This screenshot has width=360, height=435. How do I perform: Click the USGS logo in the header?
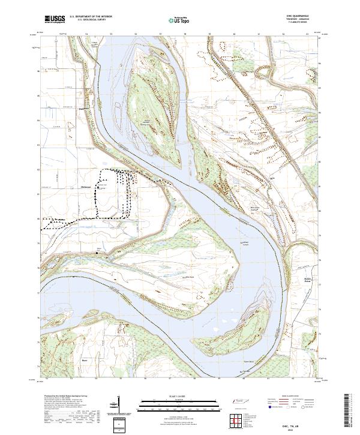(x=55, y=20)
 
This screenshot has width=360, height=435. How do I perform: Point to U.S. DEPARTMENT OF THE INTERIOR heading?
(x=91, y=17)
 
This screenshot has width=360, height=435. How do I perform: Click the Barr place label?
(x=85, y=361)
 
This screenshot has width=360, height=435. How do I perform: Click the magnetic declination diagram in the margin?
(x=115, y=409)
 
